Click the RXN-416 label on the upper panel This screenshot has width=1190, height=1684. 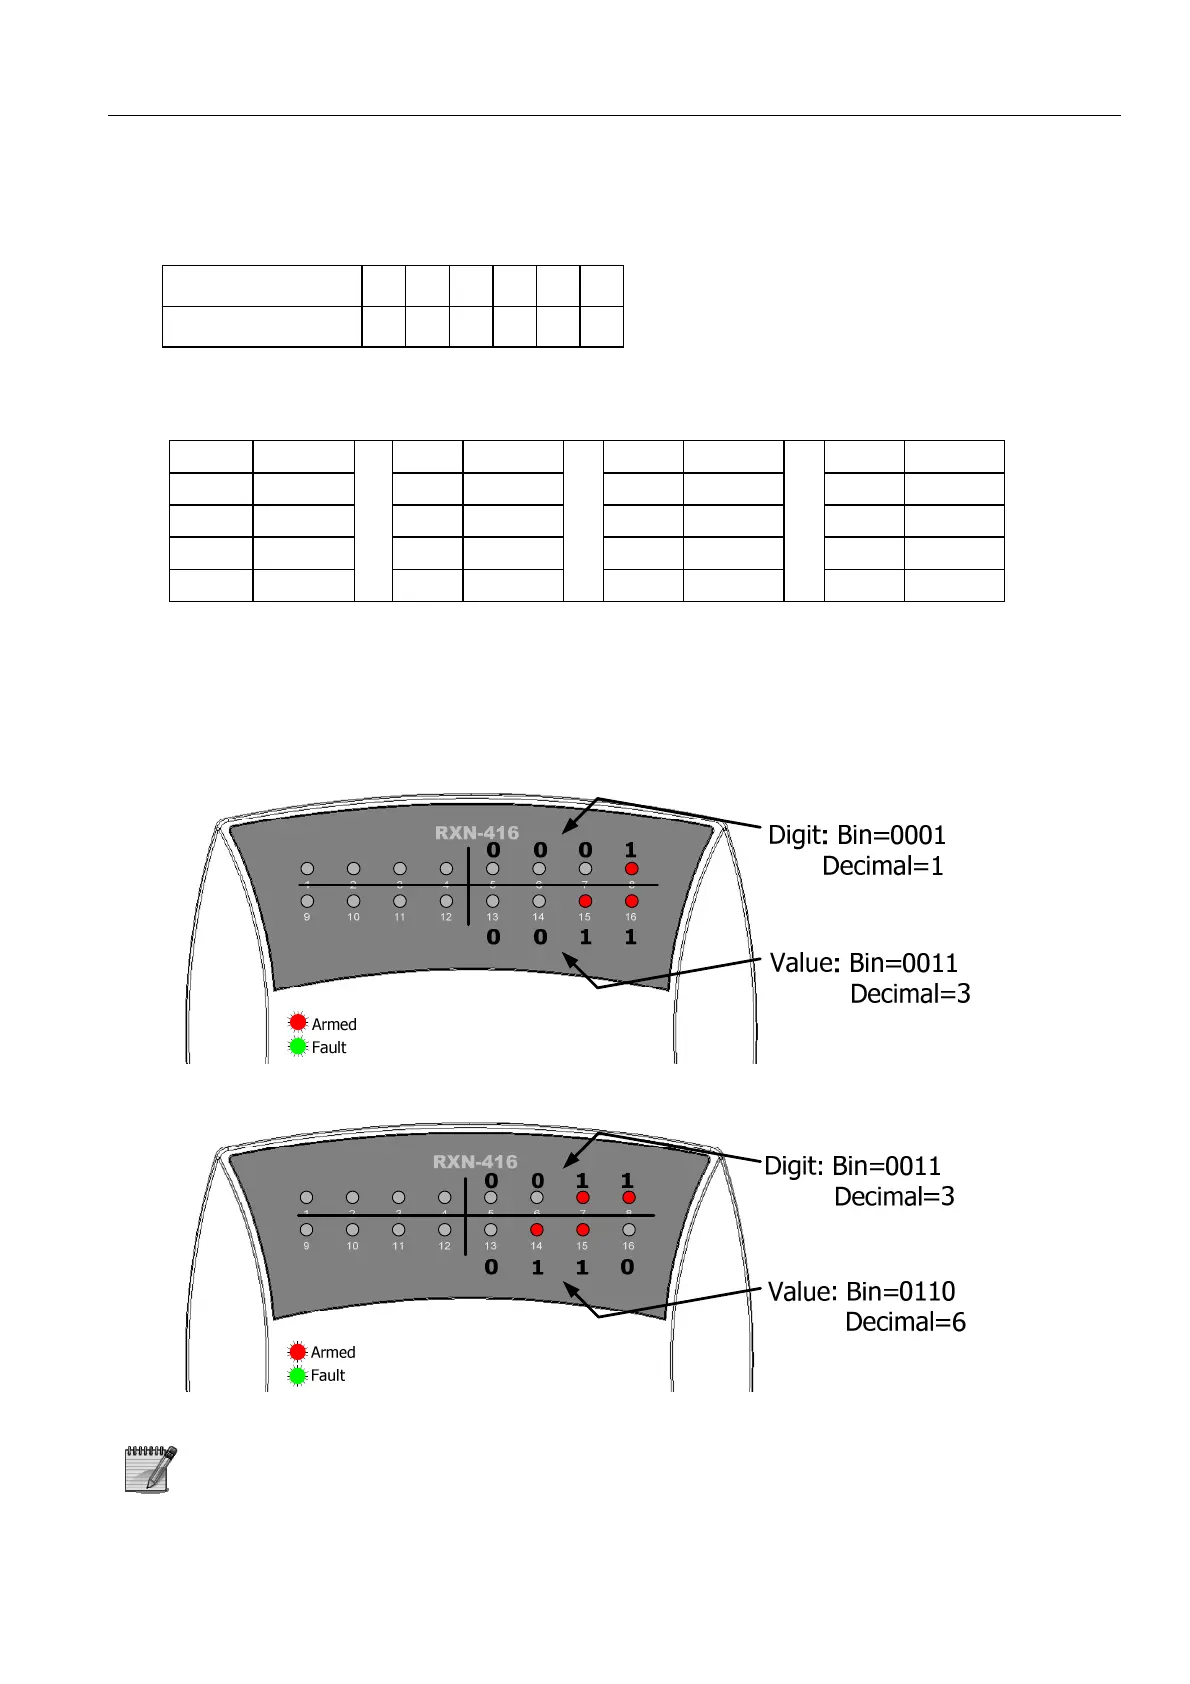(476, 833)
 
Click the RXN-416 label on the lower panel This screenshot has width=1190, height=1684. (475, 1162)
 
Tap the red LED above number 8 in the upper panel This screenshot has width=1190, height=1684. (631, 869)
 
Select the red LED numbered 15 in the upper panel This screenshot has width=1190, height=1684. (585, 901)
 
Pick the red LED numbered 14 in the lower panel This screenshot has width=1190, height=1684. (536, 1230)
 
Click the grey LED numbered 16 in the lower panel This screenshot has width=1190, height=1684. (628, 1230)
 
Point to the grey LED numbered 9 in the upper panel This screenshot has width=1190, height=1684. (307, 901)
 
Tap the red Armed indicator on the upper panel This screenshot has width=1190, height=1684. (298, 1022)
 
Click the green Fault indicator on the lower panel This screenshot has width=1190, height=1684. (297, 1376)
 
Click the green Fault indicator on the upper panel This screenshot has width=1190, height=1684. (298, 1047)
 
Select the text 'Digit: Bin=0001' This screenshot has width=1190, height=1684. (856, 835)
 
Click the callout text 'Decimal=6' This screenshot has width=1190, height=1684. (905, 1322)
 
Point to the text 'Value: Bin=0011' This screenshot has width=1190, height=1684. (863, 963)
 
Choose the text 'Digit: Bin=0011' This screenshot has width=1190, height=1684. (852, 1166)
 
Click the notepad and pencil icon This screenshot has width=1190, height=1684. (150, 1469)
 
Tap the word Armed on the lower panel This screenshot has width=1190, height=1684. (333, 1352)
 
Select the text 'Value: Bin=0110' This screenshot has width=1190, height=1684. (861, 1291)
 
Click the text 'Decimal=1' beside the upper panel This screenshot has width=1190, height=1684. (882, 866)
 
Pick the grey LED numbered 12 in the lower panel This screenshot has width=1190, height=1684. (444, 1230)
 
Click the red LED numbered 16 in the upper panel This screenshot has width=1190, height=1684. (631, 901)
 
